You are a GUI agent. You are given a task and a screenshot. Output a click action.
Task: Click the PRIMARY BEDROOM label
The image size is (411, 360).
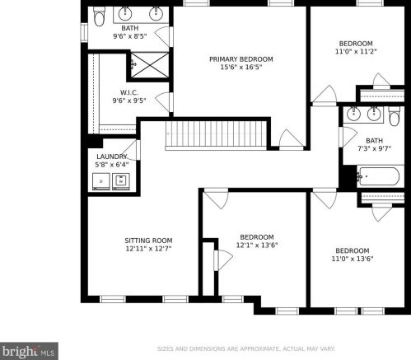click(x=241, y=59)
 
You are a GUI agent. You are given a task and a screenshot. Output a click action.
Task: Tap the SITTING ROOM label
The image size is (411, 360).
click(x=148, y=241)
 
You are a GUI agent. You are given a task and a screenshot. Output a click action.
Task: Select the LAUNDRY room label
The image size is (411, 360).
click(x=112, y=157)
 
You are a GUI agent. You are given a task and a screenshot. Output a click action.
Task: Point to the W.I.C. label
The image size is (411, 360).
click(x=129, y=92)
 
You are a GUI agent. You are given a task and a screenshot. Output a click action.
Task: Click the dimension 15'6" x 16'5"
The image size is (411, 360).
click(x=241, y=67)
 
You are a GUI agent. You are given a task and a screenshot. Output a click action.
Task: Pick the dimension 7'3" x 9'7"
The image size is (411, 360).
click(x=374, y=148)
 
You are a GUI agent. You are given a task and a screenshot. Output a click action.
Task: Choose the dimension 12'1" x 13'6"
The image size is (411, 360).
click(x=257, y=245)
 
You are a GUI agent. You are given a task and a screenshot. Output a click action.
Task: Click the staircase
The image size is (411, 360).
click(x=216, y=135)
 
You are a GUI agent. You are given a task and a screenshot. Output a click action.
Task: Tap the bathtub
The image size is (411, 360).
click(x=379, y=176)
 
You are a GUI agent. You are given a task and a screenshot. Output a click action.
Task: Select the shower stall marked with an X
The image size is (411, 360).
click(x=150, y=65)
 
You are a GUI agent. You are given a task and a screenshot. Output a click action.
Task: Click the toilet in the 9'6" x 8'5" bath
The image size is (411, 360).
click(x=99, y=16)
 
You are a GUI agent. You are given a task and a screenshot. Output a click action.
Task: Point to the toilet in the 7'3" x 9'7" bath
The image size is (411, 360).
click(x=395, y=116)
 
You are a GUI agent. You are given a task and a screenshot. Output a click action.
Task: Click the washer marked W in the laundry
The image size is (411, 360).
click(x=121, y=181)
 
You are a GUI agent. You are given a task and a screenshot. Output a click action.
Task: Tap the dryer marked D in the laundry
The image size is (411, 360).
click(x=101, y=181)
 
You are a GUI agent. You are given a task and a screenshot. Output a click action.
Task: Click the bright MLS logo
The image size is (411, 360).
click(x=29, y=351)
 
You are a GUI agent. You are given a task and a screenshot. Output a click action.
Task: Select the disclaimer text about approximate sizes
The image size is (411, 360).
click(x=245, y=349)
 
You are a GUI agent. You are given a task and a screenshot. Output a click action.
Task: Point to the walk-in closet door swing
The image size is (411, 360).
click(x=164, y=101)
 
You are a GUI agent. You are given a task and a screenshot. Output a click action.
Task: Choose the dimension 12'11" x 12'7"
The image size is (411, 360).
click(x=148, y=249)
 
